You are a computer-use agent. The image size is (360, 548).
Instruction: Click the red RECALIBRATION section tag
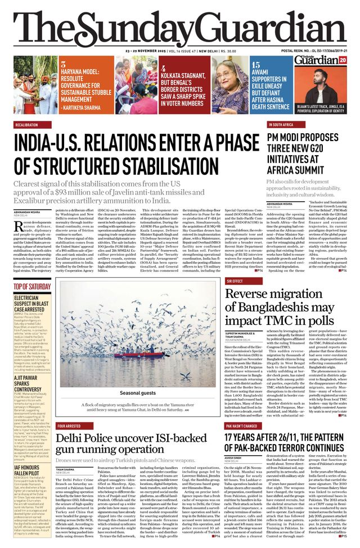[26, 125]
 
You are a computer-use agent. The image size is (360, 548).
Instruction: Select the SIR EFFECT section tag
[235, 280]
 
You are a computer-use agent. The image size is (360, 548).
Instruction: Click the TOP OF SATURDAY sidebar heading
[32, 287]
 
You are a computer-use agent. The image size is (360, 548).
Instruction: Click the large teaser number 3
[64, 65]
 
